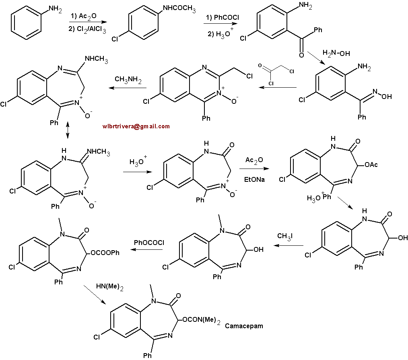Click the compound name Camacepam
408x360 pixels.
pyautogui.click(x=244, y=326)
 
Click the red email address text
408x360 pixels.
pyautogui.click(x=136, y=126)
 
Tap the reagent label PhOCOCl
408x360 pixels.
pyautogui.click(x=149, y=243)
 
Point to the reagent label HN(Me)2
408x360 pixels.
pyautogui.click(x=109, y=287)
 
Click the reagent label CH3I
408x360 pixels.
pyautogui.click(x=285, y=236)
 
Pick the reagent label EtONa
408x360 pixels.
pyautogui.click(x=254, y=179)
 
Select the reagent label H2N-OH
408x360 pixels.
pyautogui.click(x=336, y=53)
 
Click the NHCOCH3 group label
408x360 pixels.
pyautogui.click(x=179, y=8)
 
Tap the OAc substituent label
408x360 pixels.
pyautogui.click(x=371, y=165)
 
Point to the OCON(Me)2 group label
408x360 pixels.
pyautogui.click(x=202, y=320)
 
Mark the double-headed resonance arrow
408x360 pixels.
pyautogui.click(x=68, y=130)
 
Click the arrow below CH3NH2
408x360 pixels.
pyautogui.click(x=128, y=88)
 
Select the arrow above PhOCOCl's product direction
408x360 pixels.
pyautogui.click(x=146, y=249)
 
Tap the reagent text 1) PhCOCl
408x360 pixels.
pyautogui.click(x=223, y=17)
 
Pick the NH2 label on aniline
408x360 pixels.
pyautogui.click(x=55, y=9)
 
